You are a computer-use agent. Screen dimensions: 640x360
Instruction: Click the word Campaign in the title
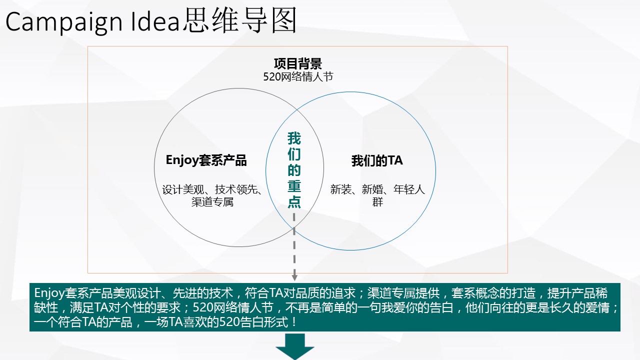point(64,22)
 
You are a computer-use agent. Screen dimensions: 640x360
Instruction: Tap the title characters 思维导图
point(239,20)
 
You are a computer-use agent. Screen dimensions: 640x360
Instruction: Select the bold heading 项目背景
point(297,63)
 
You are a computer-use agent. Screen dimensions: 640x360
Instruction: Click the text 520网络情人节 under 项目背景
point(298,76)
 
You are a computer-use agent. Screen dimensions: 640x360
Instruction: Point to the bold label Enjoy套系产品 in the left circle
point(206,160)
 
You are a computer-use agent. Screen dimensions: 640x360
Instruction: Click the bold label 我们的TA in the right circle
point(377,160)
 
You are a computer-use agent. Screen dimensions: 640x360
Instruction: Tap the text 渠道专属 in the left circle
point(212,202)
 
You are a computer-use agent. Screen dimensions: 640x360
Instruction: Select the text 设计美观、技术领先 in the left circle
point(209,189)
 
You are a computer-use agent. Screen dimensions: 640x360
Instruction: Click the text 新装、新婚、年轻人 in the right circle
point(377,189)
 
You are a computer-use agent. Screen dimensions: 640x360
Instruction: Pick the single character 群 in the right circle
point(377,202)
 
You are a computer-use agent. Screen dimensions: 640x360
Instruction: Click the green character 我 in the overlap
point(294,138)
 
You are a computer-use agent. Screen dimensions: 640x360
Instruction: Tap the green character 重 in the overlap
point(294,185)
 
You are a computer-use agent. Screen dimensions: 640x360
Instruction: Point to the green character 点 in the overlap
point(294,201)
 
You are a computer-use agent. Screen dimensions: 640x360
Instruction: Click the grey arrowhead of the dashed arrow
point(294,277)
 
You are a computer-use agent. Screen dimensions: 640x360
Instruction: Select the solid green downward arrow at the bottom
point(295,346)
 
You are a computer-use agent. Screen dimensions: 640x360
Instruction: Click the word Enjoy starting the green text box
point(49,293)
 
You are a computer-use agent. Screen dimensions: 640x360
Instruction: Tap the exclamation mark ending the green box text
point(294,322)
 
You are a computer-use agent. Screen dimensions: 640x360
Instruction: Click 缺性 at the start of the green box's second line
point(46,307)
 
